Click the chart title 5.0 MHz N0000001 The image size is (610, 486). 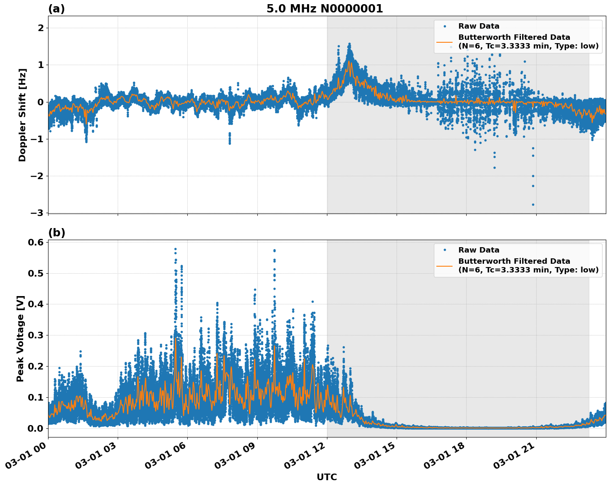pyautogui.click(x=324, y=9)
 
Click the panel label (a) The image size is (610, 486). pyautogui.click(x=56, y=9)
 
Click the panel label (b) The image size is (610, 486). pyautogui.click(x=56, y=233)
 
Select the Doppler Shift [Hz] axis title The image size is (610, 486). pyautogui.click(x=22, y=115)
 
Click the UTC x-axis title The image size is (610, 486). pyautogui.click(x=327, y=477)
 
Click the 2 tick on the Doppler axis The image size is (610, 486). pyautogui.click(x=41, y=28)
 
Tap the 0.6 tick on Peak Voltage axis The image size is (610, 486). pyautogui.click(x=36, y=242)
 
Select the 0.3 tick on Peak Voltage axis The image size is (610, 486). pyautogui.click(x=36, y=335)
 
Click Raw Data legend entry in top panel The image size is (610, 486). pyautogui.click(x=479, y=26)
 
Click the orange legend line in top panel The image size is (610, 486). pyautogui.click(x=444, y=41)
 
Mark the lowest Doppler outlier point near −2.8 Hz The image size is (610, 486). pyautogui.click(x=533, y=204)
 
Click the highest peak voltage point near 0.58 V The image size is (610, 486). pyautogui.click(x=175, y=249)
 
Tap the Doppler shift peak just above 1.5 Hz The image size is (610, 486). pyautogui.click(x=349, y=44)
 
